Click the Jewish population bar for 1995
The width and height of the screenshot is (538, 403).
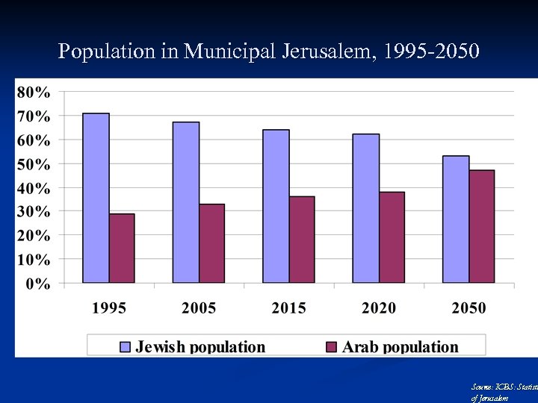coord(96,198)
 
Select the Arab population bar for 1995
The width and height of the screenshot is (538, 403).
coord(122,249)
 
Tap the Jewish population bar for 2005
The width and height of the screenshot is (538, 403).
coord(185,202)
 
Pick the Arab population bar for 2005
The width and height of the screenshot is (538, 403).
coord(211,243)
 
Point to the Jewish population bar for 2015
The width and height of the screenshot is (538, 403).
coord(276,206)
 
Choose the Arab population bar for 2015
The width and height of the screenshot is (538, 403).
coord(302,240)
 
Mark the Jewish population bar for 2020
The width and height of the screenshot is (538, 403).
coord(365,208)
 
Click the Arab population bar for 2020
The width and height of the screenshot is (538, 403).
coord(392,237)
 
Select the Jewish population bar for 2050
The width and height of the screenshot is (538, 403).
coord(456,219)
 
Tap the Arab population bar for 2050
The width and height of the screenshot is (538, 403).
coord(482,226)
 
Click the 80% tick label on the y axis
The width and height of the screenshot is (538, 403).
coord(34,93)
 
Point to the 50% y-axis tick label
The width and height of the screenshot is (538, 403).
coord(34,163)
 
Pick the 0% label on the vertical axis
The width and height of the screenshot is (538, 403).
coord(38,284)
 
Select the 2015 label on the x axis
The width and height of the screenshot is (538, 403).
coord(288,307)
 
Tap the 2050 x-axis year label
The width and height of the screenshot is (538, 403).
coord(469,307)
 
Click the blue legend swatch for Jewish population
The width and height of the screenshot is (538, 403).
coord(125,346)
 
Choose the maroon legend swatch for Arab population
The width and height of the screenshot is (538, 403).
coord(332,346)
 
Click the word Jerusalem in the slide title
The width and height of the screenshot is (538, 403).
coord(332,52)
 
